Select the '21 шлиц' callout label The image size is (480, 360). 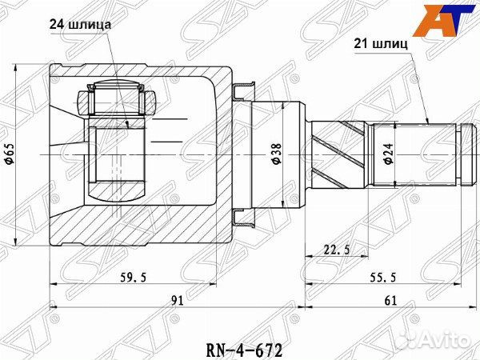(382, 45)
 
